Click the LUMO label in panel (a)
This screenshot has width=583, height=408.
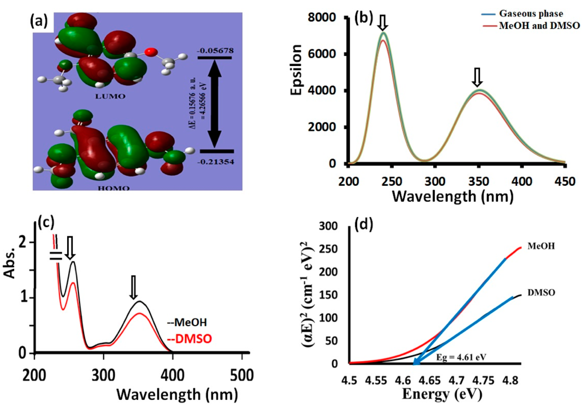110,96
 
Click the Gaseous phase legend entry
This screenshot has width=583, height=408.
531,14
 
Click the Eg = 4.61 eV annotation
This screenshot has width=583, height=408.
461,357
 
